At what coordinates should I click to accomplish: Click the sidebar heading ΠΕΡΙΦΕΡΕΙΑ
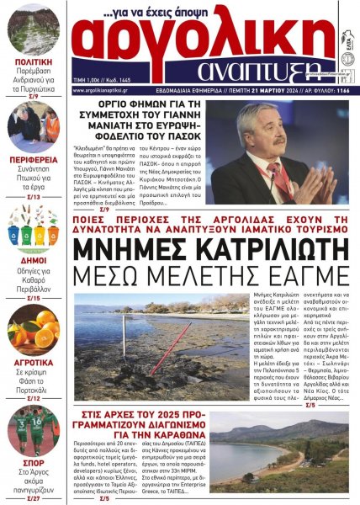(x=34, y=160)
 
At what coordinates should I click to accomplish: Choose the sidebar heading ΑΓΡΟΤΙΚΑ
(x=34, y=364)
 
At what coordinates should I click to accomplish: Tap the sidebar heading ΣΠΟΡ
(x=34, y=463)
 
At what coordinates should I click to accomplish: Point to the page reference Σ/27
(x=34, y=498)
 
